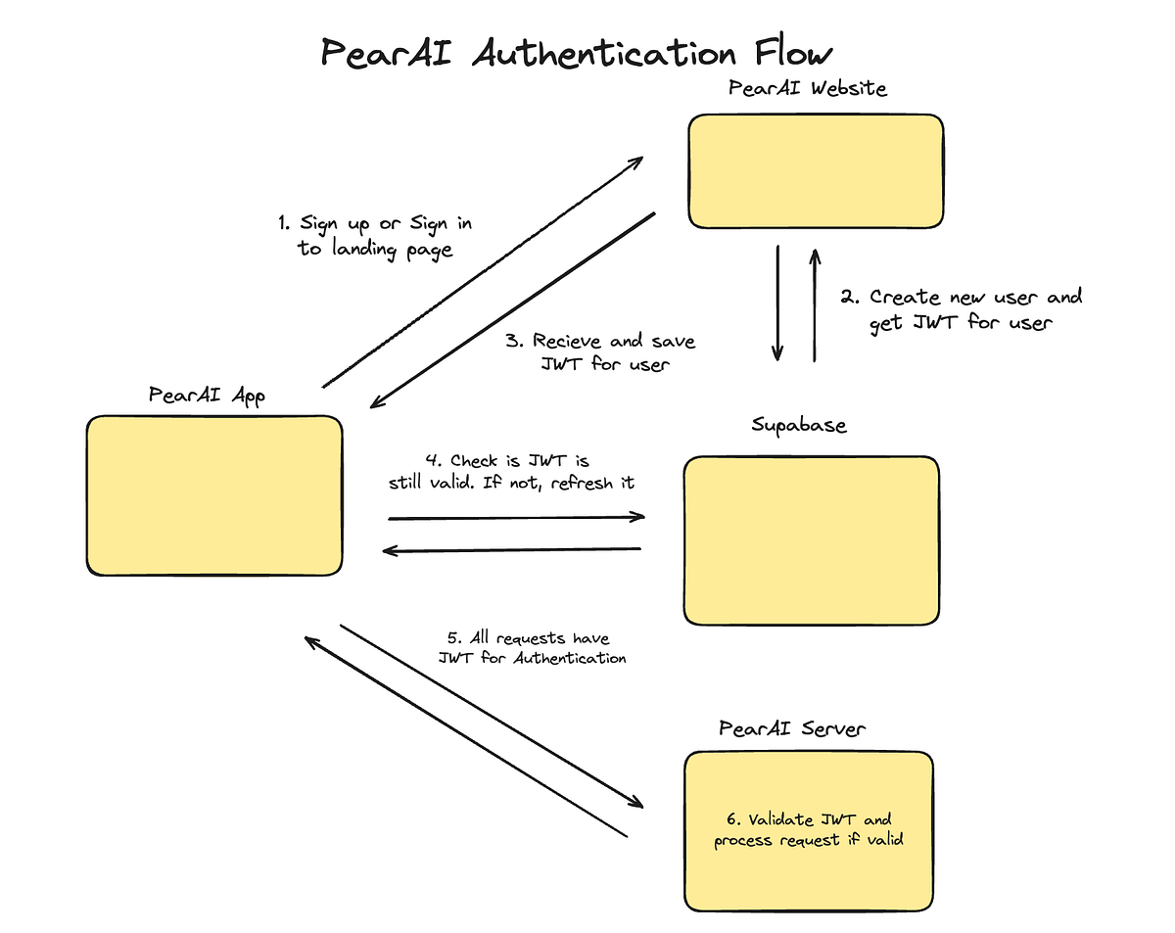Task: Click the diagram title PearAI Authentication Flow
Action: [x=578, y=53]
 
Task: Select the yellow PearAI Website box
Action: [x=815, y=171]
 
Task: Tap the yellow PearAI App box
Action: [x=213, y=495]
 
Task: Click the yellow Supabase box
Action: [x=811, y=539]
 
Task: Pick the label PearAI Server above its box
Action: [x=792, y=728]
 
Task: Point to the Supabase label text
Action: [x=799, y=425]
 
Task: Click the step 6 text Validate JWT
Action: [x=803, y=819]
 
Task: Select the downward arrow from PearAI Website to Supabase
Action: [x=778, y=303]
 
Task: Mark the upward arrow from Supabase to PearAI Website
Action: [x=814, y=303]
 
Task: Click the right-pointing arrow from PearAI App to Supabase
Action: [x=517, y=517]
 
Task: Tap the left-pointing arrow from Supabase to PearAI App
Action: [x=511, y=550]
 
